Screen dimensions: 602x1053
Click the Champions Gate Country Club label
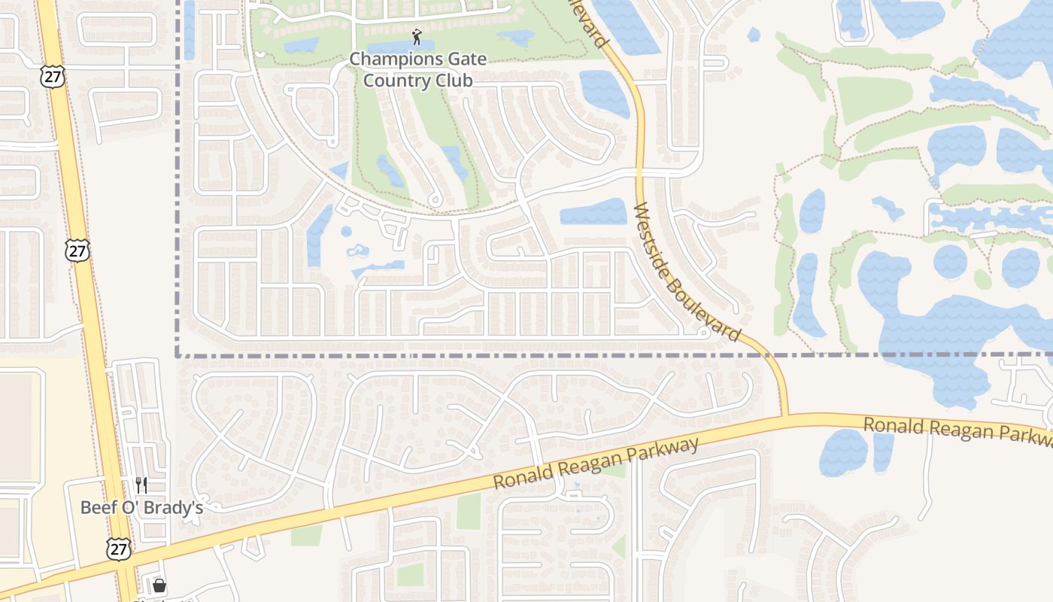coord(417,69)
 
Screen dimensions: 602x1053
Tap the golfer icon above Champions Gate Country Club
coord(417,36)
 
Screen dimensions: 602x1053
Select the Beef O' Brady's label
coord(141,507)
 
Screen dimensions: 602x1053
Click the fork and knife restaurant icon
coord(141,485)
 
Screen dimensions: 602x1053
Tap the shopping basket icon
coord(159,585)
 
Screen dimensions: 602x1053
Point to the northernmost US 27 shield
coord(54,76)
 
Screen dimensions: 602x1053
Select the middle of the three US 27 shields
coord(77,251)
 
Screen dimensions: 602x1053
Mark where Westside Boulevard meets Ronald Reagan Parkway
coord(784,415)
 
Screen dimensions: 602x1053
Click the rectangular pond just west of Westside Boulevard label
coord(593,211)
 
